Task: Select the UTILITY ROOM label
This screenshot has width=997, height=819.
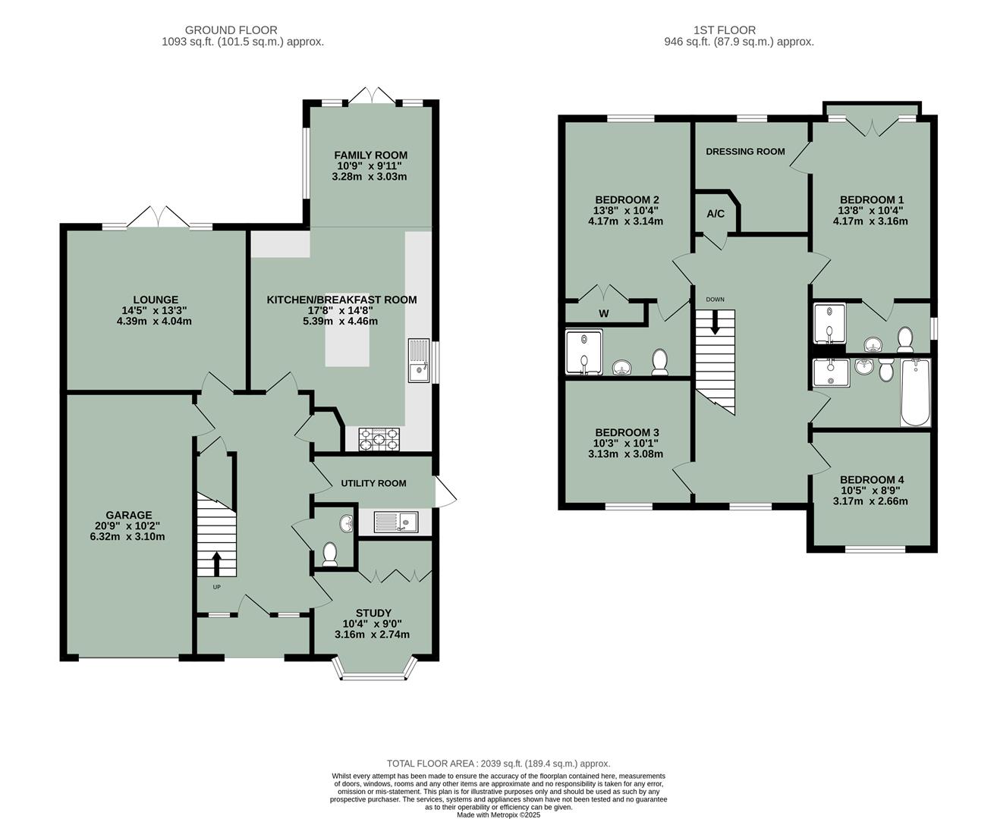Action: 373,483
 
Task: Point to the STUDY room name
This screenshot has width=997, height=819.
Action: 373,613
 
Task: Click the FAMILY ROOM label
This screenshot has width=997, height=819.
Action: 370,155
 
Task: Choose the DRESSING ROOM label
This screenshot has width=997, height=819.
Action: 745,152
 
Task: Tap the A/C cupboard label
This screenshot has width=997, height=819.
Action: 716,214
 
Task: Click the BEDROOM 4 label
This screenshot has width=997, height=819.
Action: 872,480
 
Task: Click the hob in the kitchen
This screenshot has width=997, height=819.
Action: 379,438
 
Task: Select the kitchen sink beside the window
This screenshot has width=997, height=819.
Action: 418,362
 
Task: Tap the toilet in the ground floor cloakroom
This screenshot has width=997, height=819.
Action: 330,554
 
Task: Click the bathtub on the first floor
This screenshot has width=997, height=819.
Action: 914,392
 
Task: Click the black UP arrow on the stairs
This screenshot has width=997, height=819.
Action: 216,563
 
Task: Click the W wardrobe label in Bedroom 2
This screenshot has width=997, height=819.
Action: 604,313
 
